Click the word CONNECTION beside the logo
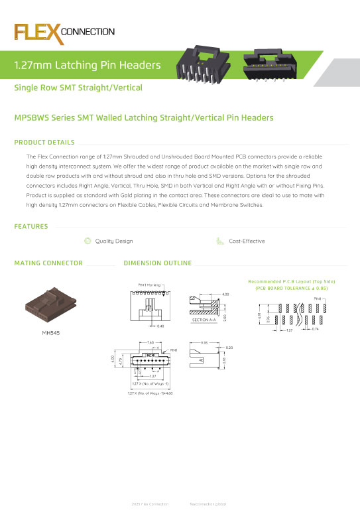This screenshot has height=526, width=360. [x=88, y=31]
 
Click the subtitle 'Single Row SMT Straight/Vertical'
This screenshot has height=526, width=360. [x=78, y=88]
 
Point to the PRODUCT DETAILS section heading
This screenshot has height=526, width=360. [x=44, y=142]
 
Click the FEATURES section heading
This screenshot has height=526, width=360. [x=31, y=227]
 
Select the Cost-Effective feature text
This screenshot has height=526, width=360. [x=247, y=241]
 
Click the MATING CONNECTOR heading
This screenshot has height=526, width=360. [x=48, y=263]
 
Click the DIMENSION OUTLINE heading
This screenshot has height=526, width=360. [x=158, y=263]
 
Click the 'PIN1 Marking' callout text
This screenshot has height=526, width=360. [x=150, y=285]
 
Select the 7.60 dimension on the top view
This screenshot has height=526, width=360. [x=150, y=343]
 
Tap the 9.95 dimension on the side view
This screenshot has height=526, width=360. [x=205, y=343]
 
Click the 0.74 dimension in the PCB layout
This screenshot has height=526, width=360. [x=316, y=329]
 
